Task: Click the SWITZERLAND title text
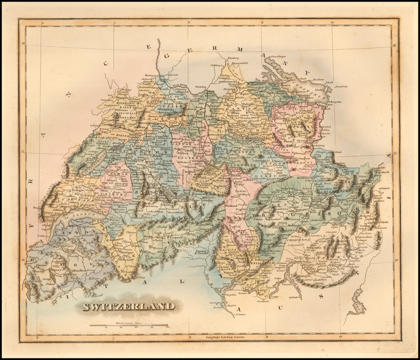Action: [128, 306]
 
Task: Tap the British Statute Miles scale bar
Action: [130, 325]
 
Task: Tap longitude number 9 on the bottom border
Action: [267, 337]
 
